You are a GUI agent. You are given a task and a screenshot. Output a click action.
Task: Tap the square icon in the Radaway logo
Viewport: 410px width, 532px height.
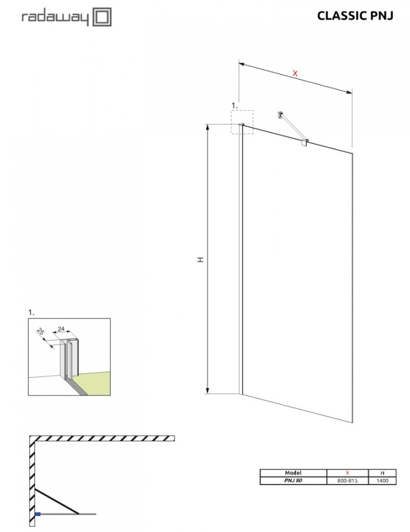(x=102, y=17)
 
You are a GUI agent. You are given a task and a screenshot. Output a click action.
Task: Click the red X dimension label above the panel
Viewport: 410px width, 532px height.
(x=295, y=73)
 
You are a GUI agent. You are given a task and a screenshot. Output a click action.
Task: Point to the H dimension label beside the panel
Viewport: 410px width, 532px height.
(x=201, y=259)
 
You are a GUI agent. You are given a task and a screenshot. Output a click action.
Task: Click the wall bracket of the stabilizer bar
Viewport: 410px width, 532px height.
(x=280, y=115)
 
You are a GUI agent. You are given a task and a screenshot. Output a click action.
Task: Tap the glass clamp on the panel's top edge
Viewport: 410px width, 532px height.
(x=305, y=142)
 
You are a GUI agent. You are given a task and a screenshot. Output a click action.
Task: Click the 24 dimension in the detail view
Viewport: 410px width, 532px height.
(x=61, y=329)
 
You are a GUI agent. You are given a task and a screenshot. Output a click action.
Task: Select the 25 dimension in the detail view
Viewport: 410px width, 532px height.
(x=41, y=331)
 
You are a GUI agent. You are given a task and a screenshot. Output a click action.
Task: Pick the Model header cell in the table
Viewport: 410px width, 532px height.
(x=293, y=473)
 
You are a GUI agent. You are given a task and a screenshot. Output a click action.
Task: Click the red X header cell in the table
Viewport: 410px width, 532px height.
(x=348, y=473)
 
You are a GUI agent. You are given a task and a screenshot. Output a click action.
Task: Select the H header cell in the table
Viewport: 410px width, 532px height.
(x=382, y=473)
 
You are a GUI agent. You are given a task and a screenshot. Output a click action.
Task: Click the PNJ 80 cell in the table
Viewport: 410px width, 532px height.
(x=293, y=481)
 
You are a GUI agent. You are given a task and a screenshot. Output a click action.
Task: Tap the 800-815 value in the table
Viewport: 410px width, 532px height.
(x=348, y=481)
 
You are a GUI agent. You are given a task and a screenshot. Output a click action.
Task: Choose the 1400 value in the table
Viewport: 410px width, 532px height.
(x=382, y=481)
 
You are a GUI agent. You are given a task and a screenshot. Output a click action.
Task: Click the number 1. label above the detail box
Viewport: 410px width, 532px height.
(x=31, y=312)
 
